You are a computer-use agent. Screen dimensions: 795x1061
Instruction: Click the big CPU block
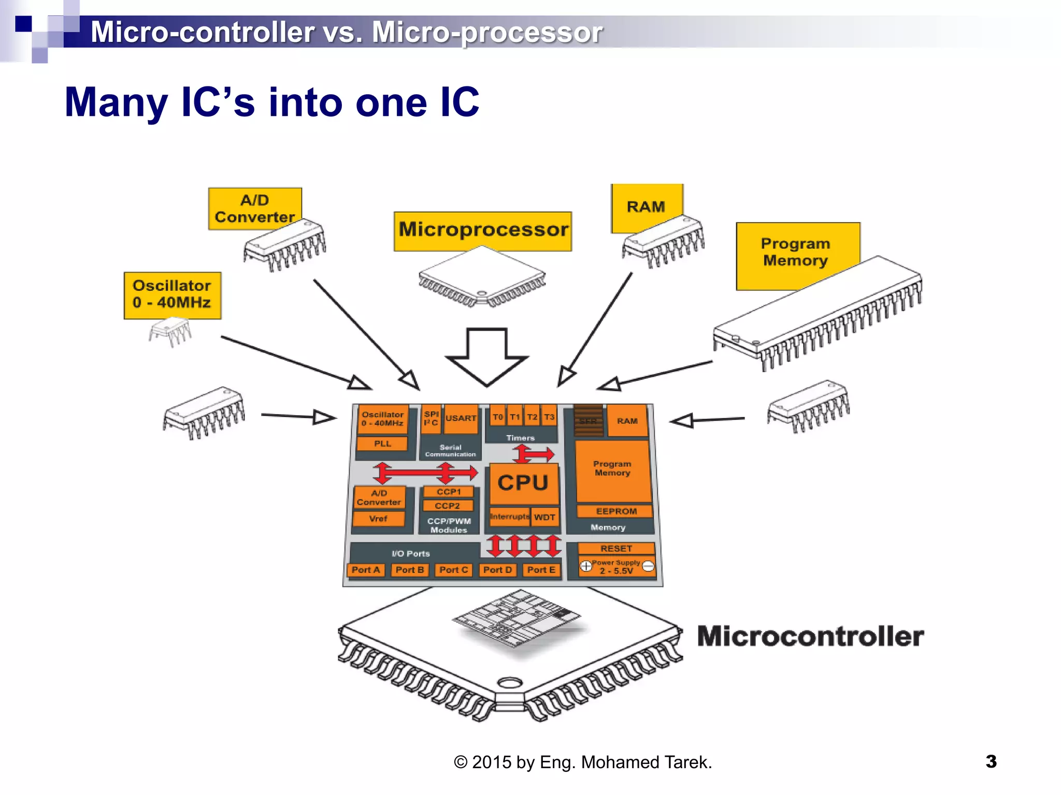523,483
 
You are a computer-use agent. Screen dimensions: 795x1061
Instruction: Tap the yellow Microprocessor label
483,231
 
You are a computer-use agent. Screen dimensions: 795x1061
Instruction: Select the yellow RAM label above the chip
646,207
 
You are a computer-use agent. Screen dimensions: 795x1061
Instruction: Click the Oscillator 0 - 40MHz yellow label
172,295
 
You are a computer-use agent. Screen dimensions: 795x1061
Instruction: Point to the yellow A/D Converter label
254,209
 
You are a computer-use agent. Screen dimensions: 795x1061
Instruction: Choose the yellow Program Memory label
796,253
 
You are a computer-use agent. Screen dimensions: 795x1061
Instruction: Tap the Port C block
453,570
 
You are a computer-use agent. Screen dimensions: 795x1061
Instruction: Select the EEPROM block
615,511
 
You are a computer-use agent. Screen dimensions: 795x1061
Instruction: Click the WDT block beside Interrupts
544,517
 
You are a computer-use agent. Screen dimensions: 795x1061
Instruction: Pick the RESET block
616,549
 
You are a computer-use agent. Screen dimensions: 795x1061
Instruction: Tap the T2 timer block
532,417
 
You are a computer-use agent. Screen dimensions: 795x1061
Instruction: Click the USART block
461,418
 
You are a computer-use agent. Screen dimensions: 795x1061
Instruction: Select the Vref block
378,519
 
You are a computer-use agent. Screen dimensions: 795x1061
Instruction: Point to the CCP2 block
448,506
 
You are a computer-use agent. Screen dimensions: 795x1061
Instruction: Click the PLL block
382,444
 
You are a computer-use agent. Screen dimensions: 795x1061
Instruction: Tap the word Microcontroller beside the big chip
810,636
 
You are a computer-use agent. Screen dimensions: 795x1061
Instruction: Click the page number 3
991,761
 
